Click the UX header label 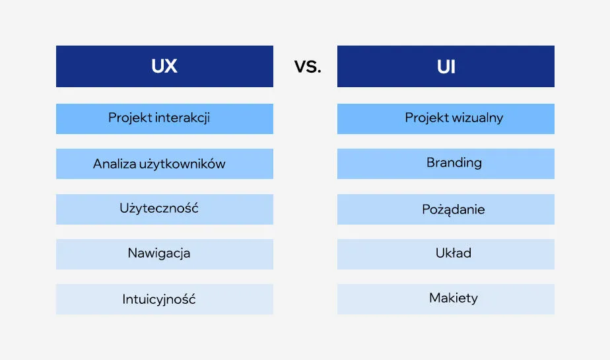[x=164, y=67]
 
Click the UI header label [x=446, y=67]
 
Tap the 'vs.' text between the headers [x=307, y=67]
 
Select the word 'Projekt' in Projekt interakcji [x=130, y=118]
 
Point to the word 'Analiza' [x=114, y=164]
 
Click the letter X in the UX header [x=171, y=67]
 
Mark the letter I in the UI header [x=454, y=67]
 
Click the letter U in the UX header [x=157, y=67]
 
